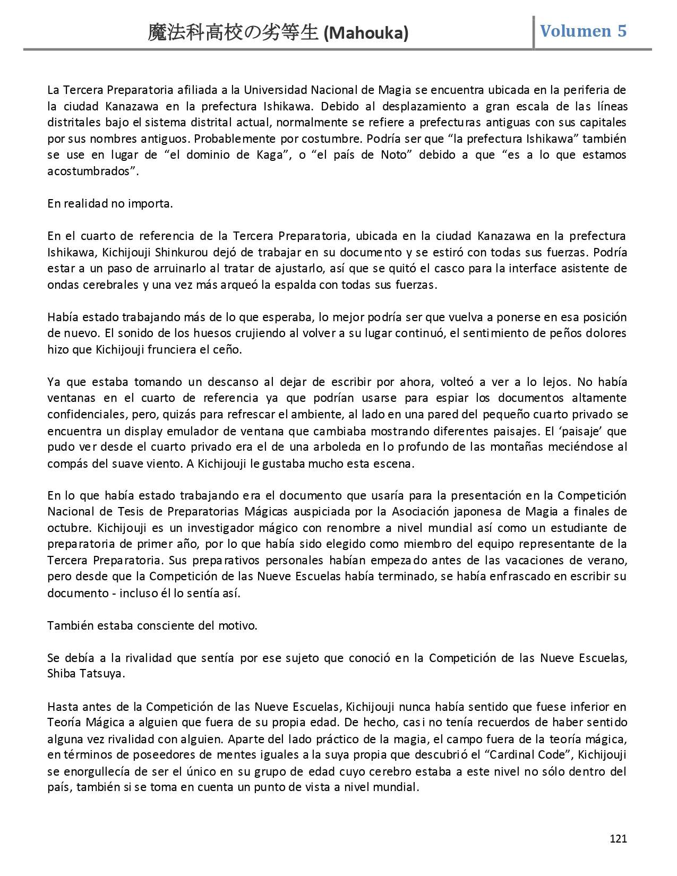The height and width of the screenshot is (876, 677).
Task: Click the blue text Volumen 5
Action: (x=583, y=31)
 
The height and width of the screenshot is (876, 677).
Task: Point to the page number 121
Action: (x=619, y=839)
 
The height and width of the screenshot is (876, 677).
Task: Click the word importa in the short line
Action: (x=150, y=203)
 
